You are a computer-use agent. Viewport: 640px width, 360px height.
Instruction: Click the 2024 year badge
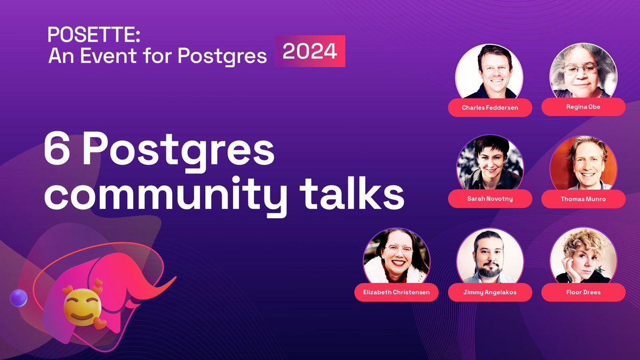310,51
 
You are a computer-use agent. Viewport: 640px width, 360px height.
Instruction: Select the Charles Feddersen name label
490,107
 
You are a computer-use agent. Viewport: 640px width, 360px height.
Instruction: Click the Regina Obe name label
583,107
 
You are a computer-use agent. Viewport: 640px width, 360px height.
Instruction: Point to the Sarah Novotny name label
490,199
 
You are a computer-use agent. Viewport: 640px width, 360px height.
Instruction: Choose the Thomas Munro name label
583,199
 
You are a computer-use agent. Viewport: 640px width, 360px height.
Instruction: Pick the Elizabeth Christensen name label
396,292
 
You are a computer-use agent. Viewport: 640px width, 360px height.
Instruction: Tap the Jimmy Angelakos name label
490,292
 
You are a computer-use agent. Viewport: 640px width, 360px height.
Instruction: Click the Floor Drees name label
583,292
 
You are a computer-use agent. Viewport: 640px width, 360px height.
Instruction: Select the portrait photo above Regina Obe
583,72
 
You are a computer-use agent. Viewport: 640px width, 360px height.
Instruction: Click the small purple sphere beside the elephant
19,298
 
